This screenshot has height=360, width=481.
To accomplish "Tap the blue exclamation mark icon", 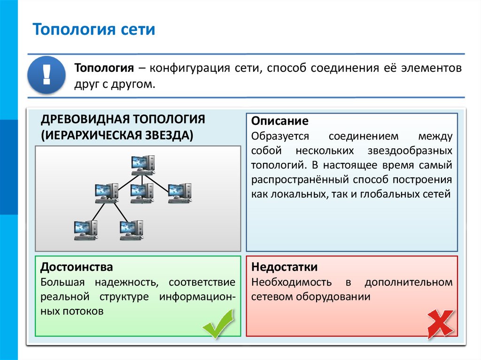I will coord(47,74).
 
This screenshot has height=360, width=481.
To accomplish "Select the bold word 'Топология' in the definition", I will coord(103,68).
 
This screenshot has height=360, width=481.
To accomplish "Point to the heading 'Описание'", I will coord(279,121).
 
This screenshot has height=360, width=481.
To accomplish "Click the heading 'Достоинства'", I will coord(77,267).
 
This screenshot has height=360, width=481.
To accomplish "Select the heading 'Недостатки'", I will coord(285,267).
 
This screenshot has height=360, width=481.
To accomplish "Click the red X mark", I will coord(440,324).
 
